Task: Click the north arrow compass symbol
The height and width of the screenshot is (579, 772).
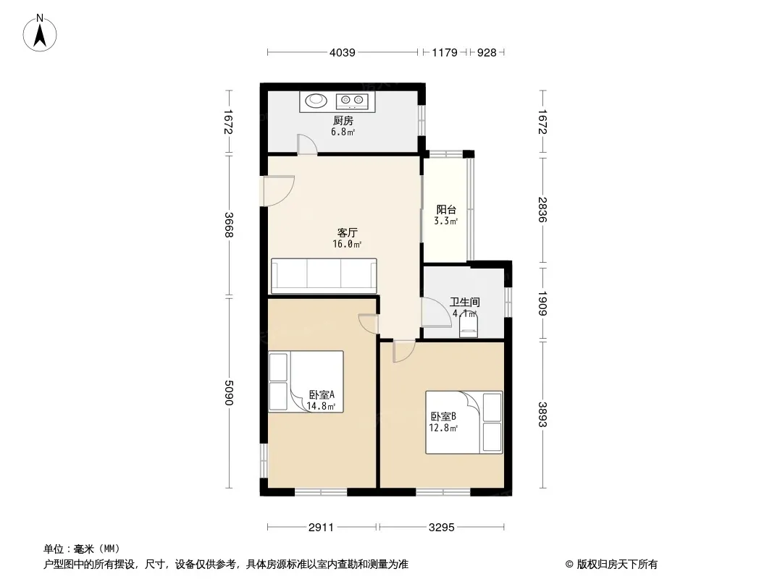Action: click(40, 33)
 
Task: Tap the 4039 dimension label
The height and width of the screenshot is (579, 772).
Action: click(342, 52)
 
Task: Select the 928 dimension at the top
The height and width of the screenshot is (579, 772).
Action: click(487, 52)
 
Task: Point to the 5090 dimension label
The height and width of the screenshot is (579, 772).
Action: click(228, 392)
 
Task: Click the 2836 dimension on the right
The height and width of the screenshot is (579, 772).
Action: click(542, 210)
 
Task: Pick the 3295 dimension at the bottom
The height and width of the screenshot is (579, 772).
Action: click(441, 528)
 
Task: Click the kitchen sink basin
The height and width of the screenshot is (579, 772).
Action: click(316, 101)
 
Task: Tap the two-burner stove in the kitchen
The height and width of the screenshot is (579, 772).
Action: click(352, 101)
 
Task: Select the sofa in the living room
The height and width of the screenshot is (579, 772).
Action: click(324, 276)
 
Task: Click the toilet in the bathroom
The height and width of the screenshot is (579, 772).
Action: click(469, 325)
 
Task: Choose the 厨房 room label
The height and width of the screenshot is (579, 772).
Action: click(343, 121)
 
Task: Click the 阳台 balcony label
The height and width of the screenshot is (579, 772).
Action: click(446, 210)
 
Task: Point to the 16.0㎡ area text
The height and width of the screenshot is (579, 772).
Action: click(347, 244)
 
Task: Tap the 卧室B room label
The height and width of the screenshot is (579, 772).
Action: click(443, 417)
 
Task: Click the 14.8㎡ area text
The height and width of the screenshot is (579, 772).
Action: click(321, 406)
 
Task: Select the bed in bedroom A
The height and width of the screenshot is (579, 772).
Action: click(306, 381)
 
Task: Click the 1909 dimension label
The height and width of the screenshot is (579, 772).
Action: click(542, 303)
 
